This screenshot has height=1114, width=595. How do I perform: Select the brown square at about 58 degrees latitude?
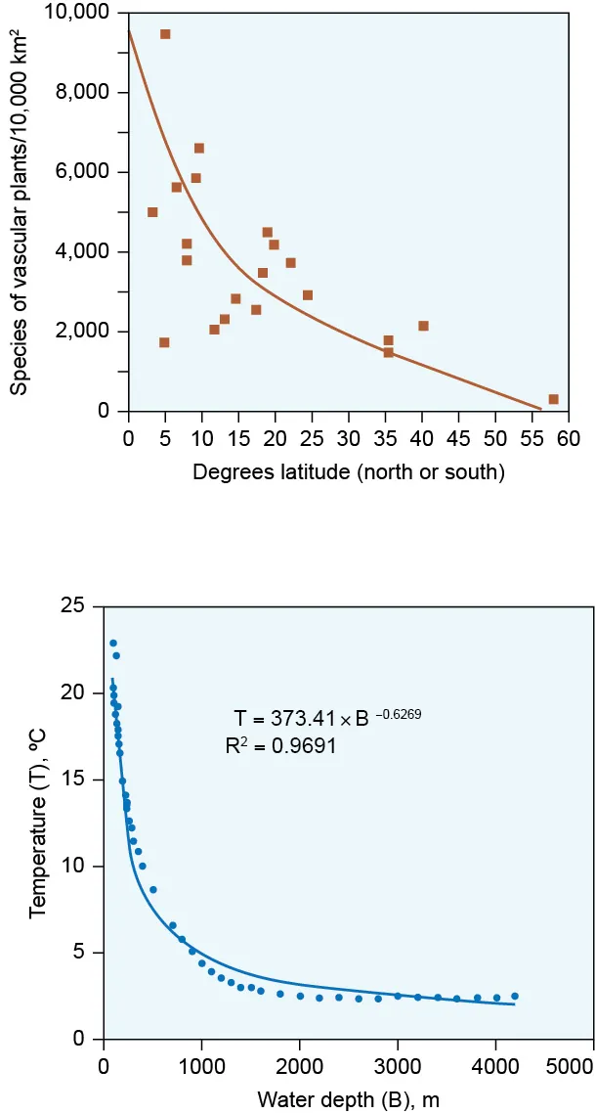tap(554, 399)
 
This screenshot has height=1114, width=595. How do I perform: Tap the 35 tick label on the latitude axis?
tap(386, 436)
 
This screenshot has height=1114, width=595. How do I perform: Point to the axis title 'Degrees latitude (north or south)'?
tap(349, 472)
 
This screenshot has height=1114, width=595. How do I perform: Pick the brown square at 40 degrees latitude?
tap(423, 326)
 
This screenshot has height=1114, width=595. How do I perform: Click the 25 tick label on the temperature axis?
tap(74, 606)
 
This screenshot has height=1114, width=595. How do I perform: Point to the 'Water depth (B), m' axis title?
tap(348, 1099)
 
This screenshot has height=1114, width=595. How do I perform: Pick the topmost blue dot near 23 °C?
tap(113, 644)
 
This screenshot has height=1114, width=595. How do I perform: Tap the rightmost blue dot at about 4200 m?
tap(515, 996)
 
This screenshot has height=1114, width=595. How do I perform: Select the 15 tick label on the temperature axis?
tap(74, 780)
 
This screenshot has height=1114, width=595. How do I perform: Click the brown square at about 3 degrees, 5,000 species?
tap(152, 212)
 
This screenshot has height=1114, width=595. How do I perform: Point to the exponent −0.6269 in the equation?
tap(399, 715)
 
